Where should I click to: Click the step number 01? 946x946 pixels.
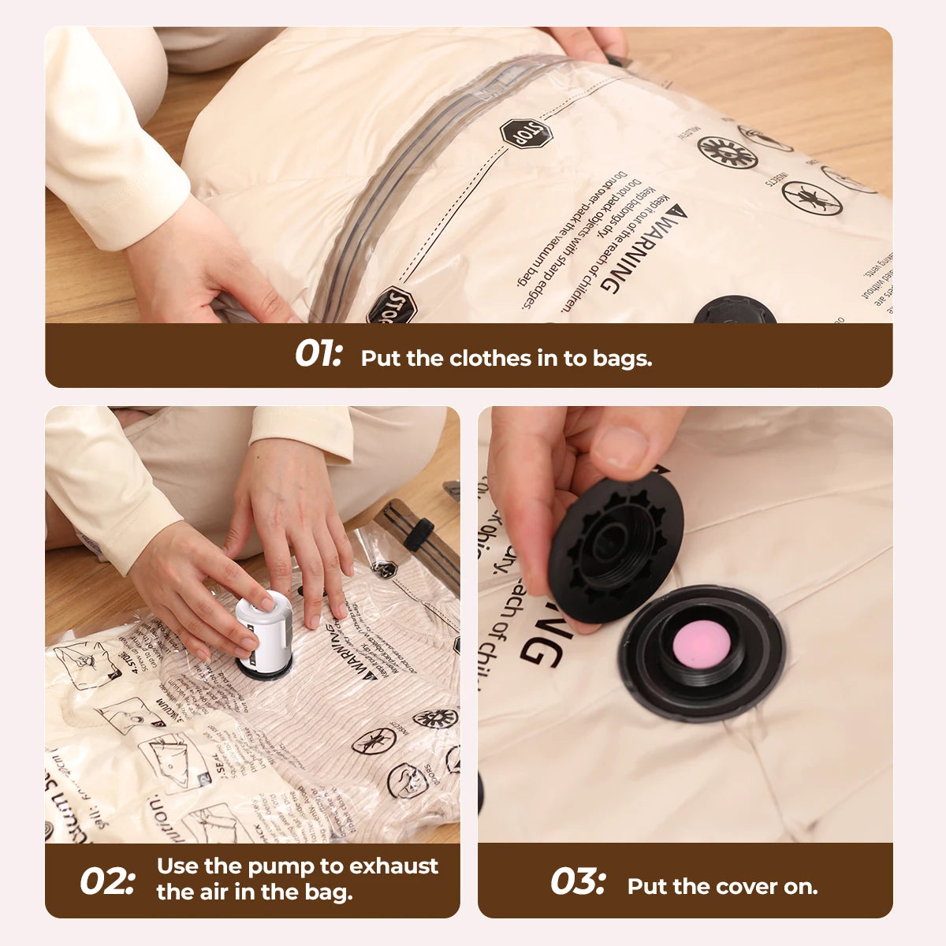coord(318,355)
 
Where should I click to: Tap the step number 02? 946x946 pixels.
coord(107,881)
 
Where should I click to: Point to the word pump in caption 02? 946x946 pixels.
coord(281,866)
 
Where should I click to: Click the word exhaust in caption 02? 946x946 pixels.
coord(393,866)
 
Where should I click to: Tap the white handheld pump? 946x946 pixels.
coord(263,630)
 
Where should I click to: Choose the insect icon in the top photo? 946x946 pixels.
coord(812,197)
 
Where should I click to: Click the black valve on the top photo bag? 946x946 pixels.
coord(735,311)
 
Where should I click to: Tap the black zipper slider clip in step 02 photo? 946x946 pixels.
coord(419,534)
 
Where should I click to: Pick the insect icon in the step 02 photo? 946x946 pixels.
coord(373,741)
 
